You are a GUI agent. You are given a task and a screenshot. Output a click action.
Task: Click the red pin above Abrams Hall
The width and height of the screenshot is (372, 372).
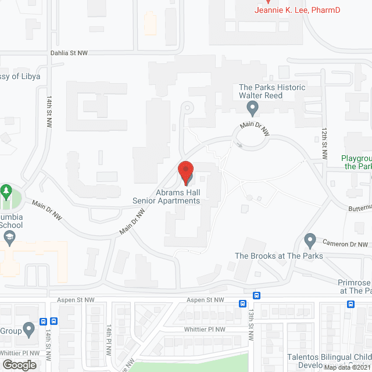click(185, 172)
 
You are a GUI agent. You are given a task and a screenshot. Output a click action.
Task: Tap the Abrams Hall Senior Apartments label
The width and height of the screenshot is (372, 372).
click(166, 196)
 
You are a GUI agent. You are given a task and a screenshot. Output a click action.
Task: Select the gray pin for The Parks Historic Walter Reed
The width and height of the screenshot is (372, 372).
click(252, 108)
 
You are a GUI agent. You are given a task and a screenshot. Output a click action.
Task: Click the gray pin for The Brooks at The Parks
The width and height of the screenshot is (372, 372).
click(310, 240)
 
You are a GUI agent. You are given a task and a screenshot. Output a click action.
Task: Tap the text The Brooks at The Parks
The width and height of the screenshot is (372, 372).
click(270, 256)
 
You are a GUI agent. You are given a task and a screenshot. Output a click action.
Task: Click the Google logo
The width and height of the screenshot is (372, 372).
click(19, 364)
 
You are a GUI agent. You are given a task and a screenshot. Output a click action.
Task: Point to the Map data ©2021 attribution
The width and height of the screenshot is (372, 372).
click(347, 367)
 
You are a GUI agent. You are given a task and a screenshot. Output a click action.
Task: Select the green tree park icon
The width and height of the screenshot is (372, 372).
click(6, 191)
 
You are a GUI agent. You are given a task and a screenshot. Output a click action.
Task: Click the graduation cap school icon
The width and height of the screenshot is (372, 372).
click(10, 237)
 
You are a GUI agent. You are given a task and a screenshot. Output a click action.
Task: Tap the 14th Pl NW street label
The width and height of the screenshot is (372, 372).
click(108, 340)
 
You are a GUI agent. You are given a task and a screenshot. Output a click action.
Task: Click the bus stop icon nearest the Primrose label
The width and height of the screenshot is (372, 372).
click(351, 304)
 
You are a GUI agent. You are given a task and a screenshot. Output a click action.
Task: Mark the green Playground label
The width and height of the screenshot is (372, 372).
click(356, 162)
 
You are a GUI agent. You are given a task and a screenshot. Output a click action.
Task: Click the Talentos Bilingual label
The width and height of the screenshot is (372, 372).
click(330, 357)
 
